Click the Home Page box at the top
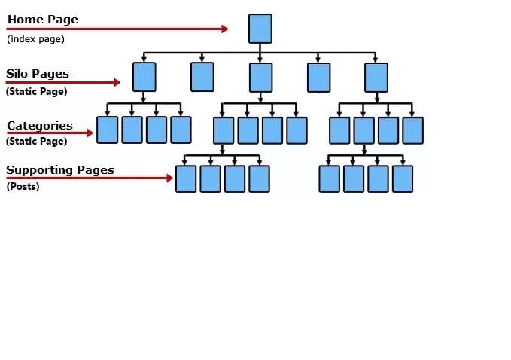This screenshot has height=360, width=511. pyautogui.click(x=260, y=29)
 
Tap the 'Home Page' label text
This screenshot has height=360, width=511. pyautogui.click(x=42, y=20)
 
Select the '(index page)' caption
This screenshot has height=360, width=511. pyautogui.click(x=35, y=39)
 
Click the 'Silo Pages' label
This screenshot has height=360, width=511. pyautogui.click(x=38, y=74)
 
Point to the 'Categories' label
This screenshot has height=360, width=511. pyautogui.click(x=40, y=126)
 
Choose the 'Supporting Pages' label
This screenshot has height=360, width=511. pyautogui.click(x=60, y=170)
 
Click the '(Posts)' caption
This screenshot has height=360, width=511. pyautogui.click(x=23, y=187)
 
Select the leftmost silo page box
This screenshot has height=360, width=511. pyautogui.click(x=144, y=77)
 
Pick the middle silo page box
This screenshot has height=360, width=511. pyautogui.click(x=260, y=77)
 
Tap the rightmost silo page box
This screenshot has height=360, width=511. pyautogui.click(x=376, y=77)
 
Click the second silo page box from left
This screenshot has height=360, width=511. pyautogui.click(x=202, y=77)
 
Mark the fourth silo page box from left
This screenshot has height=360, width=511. pyautogui.click(x=318, y=77)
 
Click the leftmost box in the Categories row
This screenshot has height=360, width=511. pyautogui.click(x=108, y=130)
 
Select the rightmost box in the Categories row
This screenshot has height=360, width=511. pyautogui.click(x=412, y=130)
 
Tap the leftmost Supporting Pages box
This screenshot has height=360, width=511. pyautogui.click(x=186, y=179)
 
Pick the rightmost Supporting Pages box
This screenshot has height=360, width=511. pyautogui.click(x=403, y=179)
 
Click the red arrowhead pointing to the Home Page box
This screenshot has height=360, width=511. pyautogui.click(x=224, y=29)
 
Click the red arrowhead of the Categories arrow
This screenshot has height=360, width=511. pyautogui.click(x=90, y=133)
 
